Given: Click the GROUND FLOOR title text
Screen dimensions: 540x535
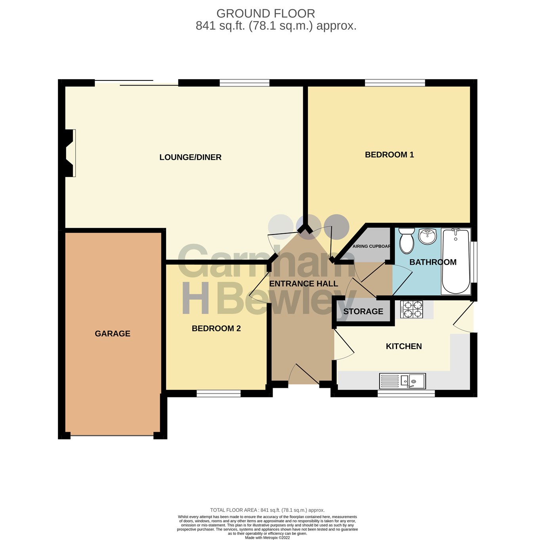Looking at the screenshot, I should click(266, 13).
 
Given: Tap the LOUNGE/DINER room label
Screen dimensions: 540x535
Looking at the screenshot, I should click(190, 157).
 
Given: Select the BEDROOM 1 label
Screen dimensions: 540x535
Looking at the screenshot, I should click(389, 155).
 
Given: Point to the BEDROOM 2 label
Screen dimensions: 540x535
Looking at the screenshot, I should click(216, 328).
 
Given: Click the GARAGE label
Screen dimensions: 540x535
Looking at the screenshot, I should click(113, 334).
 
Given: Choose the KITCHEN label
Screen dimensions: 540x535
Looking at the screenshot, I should click(403, 346).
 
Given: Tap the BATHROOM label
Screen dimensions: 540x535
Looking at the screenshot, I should click(433, 262).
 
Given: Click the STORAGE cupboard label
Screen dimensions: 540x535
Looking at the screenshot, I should click(363, 311).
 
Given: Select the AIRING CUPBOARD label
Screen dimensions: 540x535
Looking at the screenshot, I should click(371, 246).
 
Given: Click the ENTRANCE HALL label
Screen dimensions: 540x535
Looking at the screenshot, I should click(304, 284).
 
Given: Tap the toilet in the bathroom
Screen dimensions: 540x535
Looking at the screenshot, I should click(406, 240).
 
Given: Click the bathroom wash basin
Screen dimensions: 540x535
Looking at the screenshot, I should click(427, 237).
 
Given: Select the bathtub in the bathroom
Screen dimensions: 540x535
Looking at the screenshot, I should click(456, 261).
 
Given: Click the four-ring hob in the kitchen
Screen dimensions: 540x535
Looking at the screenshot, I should click(412, 309).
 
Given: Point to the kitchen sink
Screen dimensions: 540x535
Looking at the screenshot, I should click(402, 381).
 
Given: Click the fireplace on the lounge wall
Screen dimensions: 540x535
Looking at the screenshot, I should click(69, 153).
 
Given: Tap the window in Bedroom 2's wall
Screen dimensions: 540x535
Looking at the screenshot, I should click(218, 393).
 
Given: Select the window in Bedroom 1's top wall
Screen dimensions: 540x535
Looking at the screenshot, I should click(395, 83).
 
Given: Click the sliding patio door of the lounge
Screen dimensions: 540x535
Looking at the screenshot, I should click(136, 83).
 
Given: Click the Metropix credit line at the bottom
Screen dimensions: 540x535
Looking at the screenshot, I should click(267, 538).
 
